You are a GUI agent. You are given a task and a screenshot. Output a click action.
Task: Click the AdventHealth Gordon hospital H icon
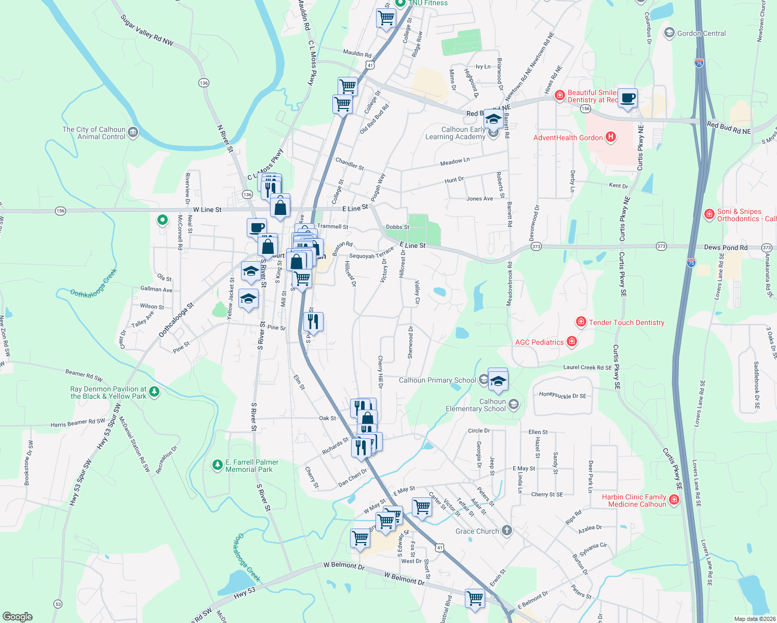click(611, 137)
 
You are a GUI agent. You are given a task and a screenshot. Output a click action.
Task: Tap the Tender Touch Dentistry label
click(626, 322)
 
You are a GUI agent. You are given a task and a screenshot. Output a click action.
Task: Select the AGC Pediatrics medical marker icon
click(572, 342)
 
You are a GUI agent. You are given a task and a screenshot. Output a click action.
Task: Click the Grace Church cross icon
click(507, 531)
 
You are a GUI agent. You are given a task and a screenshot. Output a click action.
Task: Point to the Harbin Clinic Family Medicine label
click(634, 500)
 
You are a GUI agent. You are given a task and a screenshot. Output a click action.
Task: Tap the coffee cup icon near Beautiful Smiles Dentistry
click(628, 98)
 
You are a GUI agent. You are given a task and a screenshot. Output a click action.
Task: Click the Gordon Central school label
click(701, 33)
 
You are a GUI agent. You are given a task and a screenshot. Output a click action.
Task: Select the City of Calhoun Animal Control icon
click(132, 132)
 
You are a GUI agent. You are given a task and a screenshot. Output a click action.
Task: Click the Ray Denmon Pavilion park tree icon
click(154, 391)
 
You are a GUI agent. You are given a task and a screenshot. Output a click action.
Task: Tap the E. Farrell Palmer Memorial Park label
click(252, 466)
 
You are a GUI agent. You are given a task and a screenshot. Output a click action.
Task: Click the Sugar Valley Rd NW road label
click(146, 30)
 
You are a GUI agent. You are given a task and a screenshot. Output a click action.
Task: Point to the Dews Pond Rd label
click(726, 248)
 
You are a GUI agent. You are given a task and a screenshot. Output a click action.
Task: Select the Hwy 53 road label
click(244, 593)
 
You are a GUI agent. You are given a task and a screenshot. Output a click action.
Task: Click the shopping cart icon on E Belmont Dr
click(475, 598)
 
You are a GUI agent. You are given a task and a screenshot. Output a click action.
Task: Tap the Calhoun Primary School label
click(437, 380)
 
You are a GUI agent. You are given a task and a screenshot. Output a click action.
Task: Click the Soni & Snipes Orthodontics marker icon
click(709, 214)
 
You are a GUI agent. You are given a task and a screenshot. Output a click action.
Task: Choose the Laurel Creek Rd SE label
click(587, 368)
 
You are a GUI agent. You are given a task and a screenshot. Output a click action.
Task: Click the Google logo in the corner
click(18, 616)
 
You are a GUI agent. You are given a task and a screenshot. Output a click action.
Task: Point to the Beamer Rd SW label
click(84, 375)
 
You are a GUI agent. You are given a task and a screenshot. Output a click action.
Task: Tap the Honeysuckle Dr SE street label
click(562, 395)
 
